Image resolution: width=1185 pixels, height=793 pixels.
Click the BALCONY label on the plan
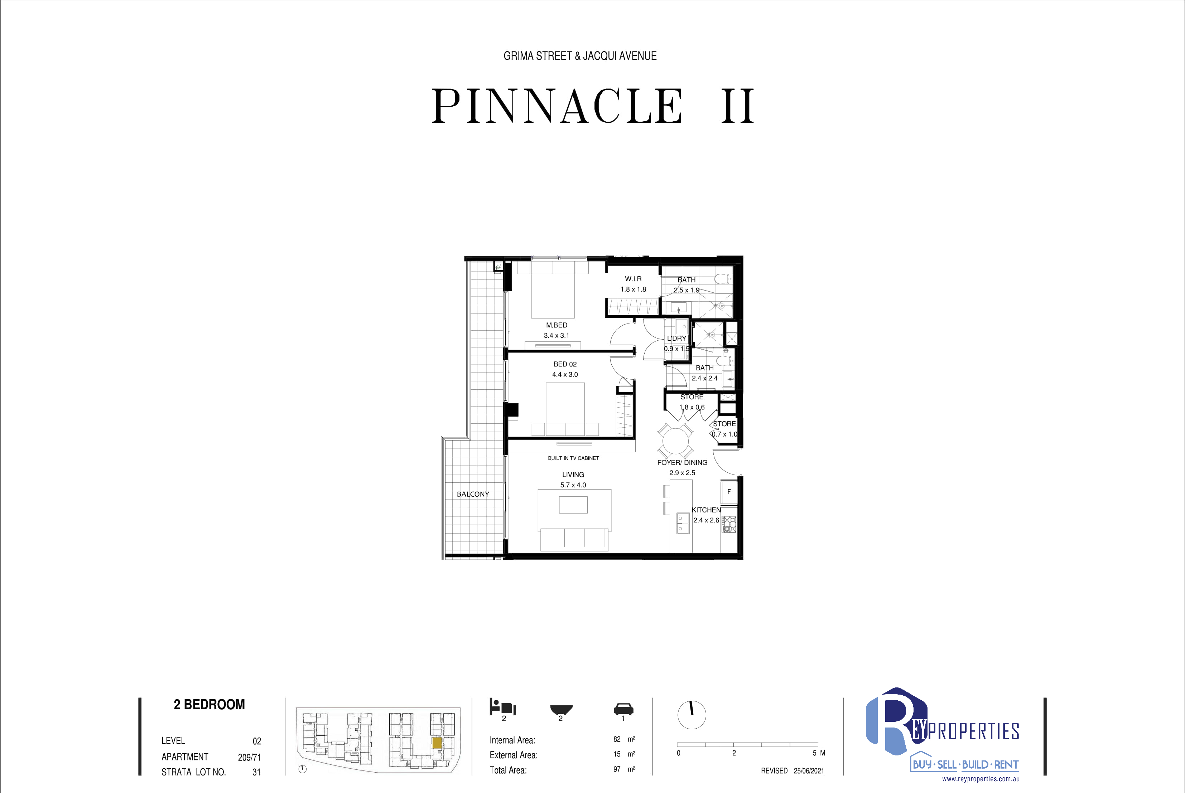473,494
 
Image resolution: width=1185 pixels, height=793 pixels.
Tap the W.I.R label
633,279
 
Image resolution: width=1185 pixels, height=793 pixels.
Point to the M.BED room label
557,325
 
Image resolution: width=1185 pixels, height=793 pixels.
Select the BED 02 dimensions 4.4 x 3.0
565,374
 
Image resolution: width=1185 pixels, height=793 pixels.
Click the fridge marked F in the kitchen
729,492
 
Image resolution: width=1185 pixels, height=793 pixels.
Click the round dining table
675,441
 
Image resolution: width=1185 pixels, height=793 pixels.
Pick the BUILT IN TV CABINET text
573,458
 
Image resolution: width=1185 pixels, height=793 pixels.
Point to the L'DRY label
676,338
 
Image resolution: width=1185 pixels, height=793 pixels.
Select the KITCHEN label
706,510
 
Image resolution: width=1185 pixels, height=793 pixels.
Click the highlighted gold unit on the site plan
437,743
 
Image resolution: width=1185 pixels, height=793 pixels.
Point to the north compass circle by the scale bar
692,715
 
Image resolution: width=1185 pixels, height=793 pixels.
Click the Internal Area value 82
617,739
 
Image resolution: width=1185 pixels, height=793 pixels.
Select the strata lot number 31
256,772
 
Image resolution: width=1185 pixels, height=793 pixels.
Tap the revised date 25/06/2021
809,771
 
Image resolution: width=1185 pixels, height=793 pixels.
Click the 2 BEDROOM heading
209,705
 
